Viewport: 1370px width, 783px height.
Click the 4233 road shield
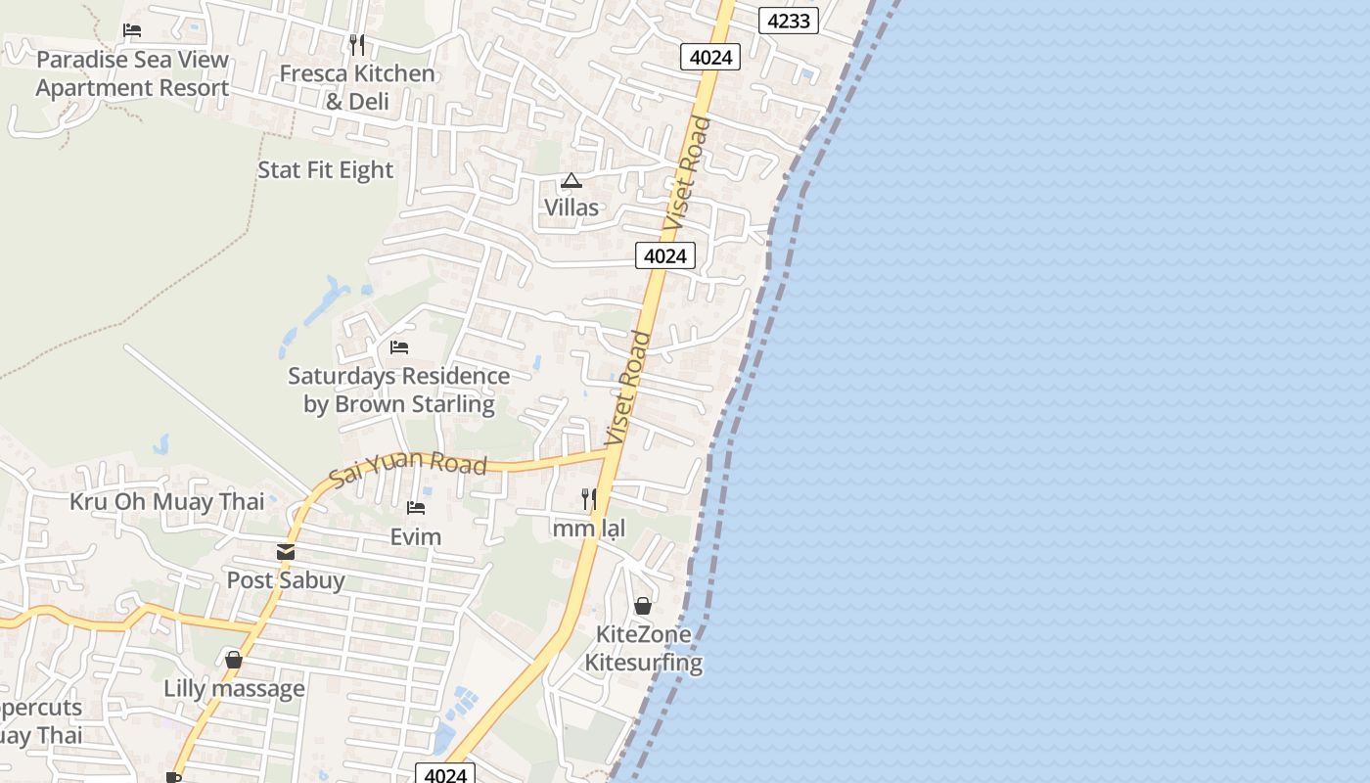point(788,20)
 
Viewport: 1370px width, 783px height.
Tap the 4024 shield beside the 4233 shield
point(710,57)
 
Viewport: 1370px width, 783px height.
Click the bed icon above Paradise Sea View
point(132,30)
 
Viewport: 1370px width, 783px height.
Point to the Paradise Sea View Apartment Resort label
point(132,73)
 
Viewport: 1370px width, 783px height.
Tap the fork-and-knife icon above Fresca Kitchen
point(357,44)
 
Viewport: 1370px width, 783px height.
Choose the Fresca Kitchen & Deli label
point(356,87)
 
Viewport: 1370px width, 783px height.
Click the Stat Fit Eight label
point(325,170)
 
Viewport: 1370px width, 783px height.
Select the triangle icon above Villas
point(571,180)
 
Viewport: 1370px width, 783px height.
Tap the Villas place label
point(571,207)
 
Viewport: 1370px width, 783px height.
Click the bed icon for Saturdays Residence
point(398,347)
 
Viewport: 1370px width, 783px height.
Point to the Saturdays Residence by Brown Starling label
point(398,390)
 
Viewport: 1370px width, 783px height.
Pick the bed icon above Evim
point(416,508)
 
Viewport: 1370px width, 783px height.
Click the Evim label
point(416,536)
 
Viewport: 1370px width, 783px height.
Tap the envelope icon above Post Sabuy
point(286,552)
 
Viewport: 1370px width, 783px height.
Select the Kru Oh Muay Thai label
point(167,502)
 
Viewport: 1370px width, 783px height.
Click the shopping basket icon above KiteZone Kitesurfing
point(643,606)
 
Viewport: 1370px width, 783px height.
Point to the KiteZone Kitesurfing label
point(644,648)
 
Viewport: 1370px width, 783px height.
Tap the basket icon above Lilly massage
point(234,660)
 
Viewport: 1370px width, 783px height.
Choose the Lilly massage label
point(234,689)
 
